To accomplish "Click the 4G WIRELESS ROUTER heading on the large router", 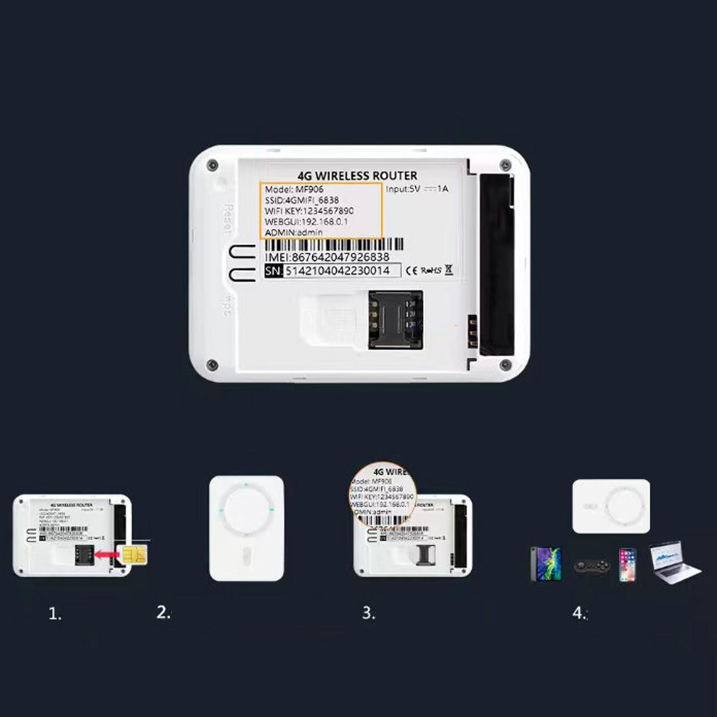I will (357, 176).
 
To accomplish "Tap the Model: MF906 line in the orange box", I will (294, 189).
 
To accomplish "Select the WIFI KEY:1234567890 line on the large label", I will (309, 211).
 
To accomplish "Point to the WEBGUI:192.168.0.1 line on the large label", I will (306, 222).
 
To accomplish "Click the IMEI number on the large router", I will (327, 257).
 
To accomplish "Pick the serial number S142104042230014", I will (338, 271).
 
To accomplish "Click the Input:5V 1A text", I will (417, 189).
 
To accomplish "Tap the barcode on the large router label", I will (334, 245).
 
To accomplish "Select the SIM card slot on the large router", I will (395, 320).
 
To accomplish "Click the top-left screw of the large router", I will (213, 164).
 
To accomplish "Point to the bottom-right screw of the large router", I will (505, 365).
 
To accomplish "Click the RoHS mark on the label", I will (431, 271).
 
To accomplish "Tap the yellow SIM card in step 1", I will (134, 555).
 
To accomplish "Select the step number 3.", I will (368, 613).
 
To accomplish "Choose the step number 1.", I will (55, 614).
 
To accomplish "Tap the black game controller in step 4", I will (592, 566).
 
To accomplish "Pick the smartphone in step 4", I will (627, 565).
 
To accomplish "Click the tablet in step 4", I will (545, 564).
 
